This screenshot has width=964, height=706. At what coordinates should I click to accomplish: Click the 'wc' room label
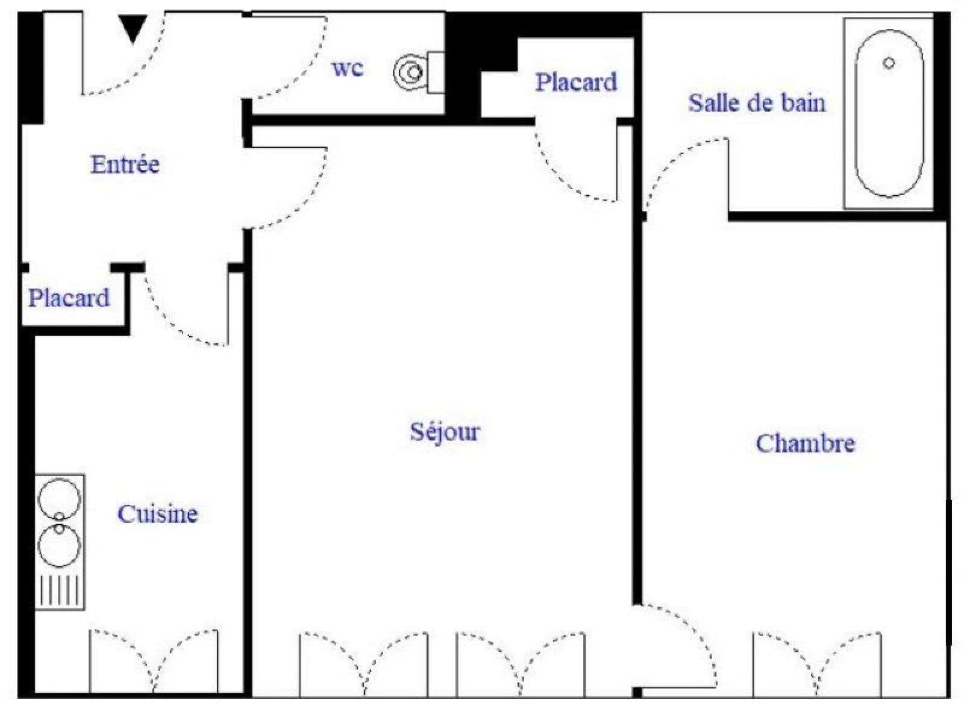(348, 69)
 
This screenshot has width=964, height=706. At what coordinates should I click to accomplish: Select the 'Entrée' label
(125, 164)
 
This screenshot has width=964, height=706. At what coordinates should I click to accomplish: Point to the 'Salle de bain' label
(757, 103)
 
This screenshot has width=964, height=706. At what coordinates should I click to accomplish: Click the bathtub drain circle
(889, 63)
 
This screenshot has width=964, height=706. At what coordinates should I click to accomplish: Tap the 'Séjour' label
(445, 431)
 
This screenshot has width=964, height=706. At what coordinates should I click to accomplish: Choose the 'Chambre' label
(805, 443)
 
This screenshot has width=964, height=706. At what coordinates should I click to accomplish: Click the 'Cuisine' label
(158, 514)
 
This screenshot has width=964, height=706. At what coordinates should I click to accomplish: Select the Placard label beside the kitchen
(69, 298)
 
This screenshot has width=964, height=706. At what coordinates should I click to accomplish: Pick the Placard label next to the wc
(576, 82)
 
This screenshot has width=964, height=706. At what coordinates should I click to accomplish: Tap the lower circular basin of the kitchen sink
(60, 546)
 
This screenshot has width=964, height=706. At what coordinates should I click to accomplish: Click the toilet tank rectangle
(436, 72)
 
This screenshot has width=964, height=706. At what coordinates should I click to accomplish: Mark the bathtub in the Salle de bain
(889, 113)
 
